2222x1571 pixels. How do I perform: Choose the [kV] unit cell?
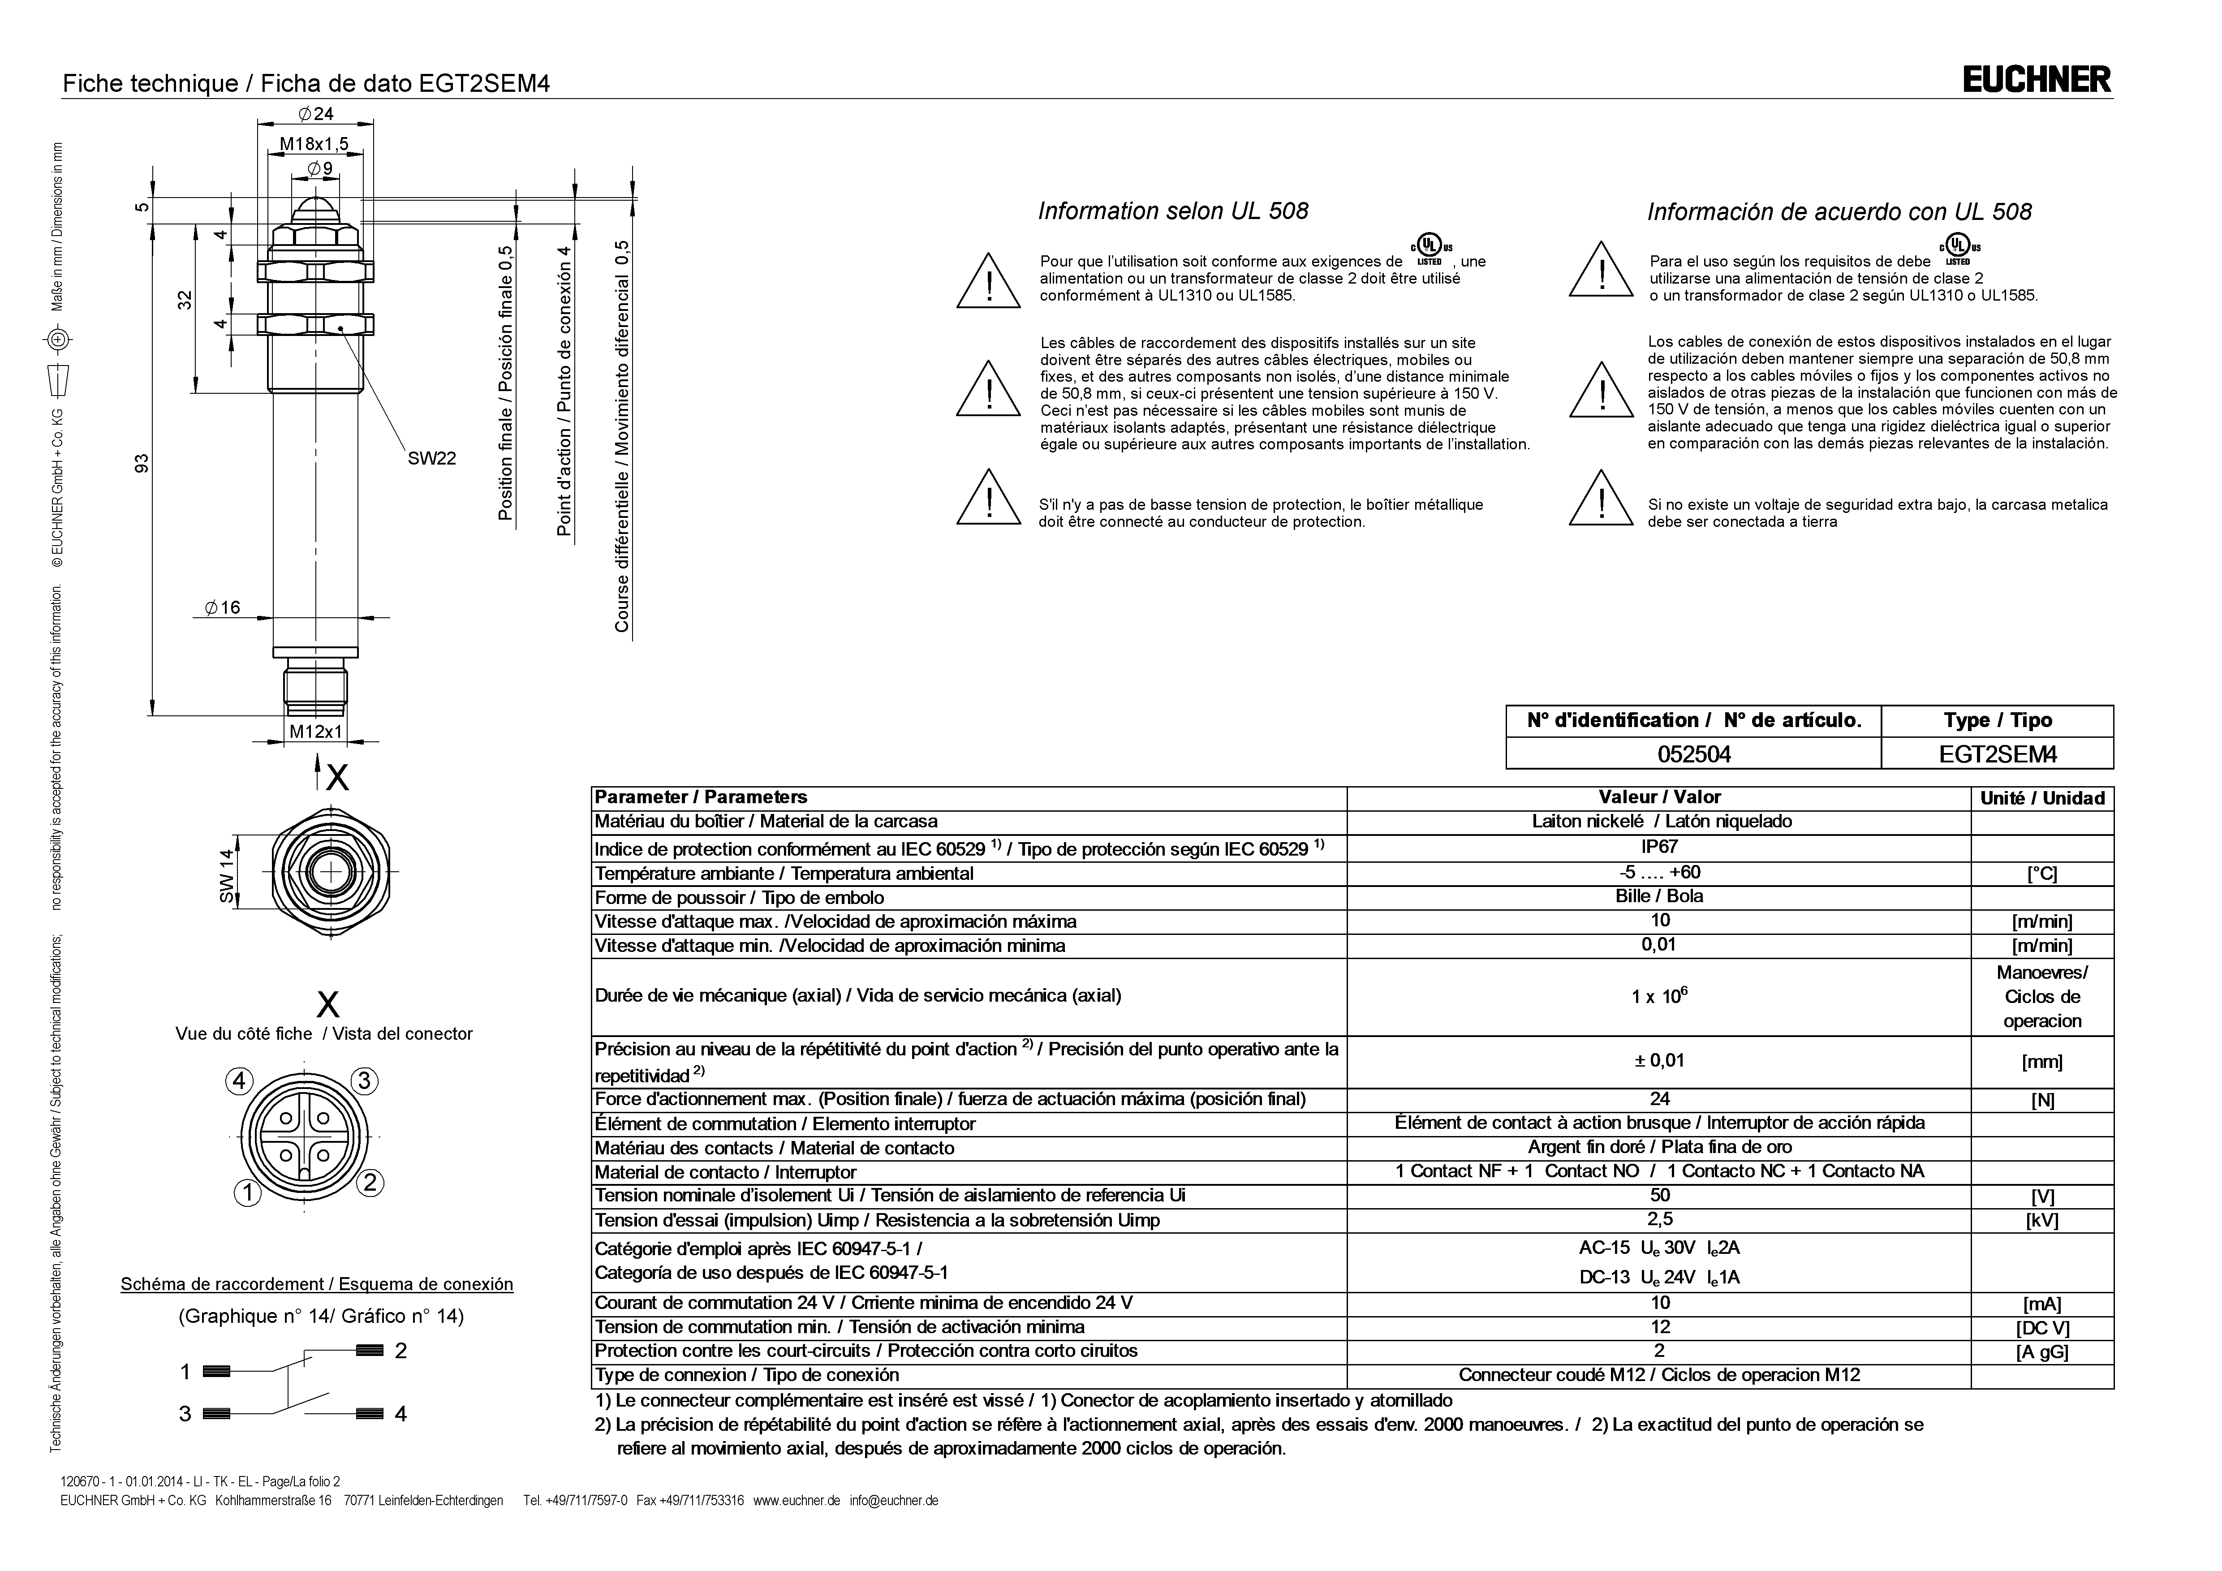point(2042,1221)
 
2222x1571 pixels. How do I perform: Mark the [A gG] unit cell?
point(2042,1352)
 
